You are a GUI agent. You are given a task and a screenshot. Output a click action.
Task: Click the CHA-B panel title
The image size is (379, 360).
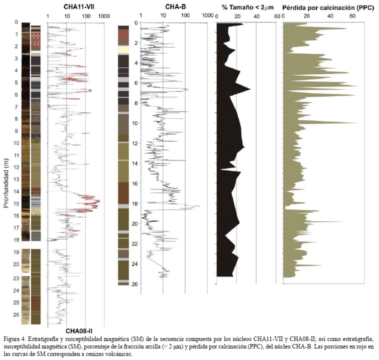click(175, 6)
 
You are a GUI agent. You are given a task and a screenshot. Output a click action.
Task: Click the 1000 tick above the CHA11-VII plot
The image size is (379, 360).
click(103, 16)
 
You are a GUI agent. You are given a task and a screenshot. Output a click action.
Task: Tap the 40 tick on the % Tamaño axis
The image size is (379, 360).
click(256, 16)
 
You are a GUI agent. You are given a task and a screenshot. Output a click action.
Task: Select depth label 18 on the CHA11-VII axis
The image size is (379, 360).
click(16, 239)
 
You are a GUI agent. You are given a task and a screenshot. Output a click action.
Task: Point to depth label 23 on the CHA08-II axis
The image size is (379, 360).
click(16, 278)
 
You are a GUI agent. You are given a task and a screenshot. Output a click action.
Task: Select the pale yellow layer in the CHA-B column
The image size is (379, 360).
click(123, 50)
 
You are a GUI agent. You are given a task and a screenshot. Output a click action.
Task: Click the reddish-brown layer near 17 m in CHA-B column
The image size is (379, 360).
click(123, 193)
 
